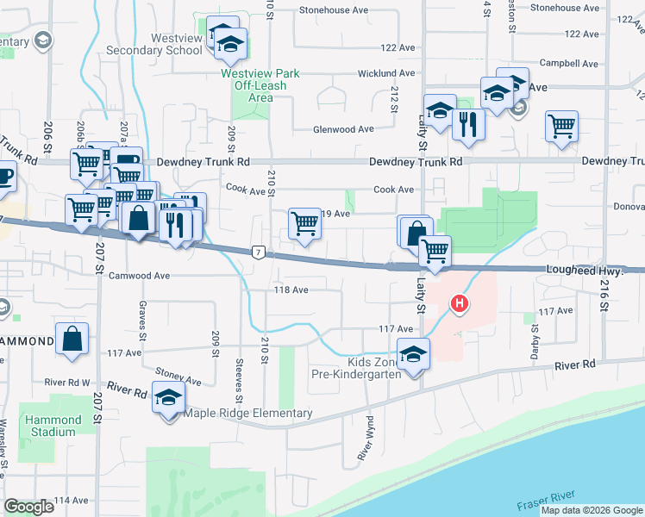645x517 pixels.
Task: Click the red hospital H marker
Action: pos(460,304)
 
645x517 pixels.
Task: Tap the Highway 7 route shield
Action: pos(257,252)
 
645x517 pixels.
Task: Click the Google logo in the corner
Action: pos(28,507)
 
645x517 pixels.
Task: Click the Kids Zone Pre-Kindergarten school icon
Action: pos(414,354)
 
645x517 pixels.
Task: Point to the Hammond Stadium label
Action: pos(53,426)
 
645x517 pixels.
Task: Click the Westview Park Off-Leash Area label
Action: pos(260,85)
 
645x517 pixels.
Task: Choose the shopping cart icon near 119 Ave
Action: pos(304,224)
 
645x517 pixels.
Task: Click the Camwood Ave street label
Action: pos(137,276)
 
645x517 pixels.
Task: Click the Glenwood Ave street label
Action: pos(343,129)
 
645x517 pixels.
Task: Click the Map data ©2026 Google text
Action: pos(592,510)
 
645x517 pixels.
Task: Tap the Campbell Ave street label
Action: pos(568,64)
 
